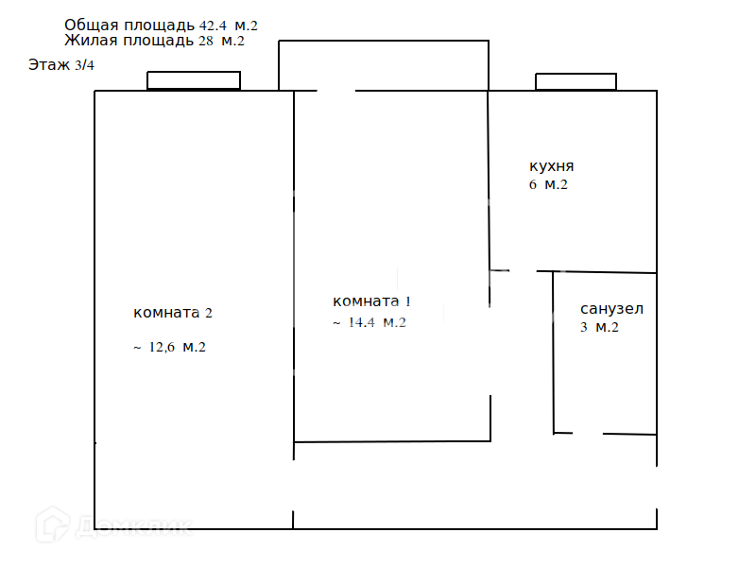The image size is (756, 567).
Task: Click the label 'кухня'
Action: tap(552, 165)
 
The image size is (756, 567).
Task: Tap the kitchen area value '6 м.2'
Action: tap(548, 185)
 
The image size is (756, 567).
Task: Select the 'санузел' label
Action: tap(611, 309)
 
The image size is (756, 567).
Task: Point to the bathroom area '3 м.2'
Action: tap(599, 328)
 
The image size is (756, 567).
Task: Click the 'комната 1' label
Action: tap(372, 301)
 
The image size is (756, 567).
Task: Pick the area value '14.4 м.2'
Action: tap(377, 323)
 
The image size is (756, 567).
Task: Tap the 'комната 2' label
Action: tap(180, 313)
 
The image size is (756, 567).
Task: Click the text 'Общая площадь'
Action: tap(129, 25)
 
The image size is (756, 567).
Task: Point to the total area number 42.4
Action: tap(215, 26)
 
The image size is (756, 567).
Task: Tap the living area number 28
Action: tap(206, 42)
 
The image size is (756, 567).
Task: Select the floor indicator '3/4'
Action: tap(84, 65)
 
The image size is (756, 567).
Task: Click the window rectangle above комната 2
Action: tap(194, 81)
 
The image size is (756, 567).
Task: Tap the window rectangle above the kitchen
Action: tap(576, 82)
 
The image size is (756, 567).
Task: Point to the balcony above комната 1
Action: tap(383, 65)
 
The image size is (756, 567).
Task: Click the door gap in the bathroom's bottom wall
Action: tap(588, 434)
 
